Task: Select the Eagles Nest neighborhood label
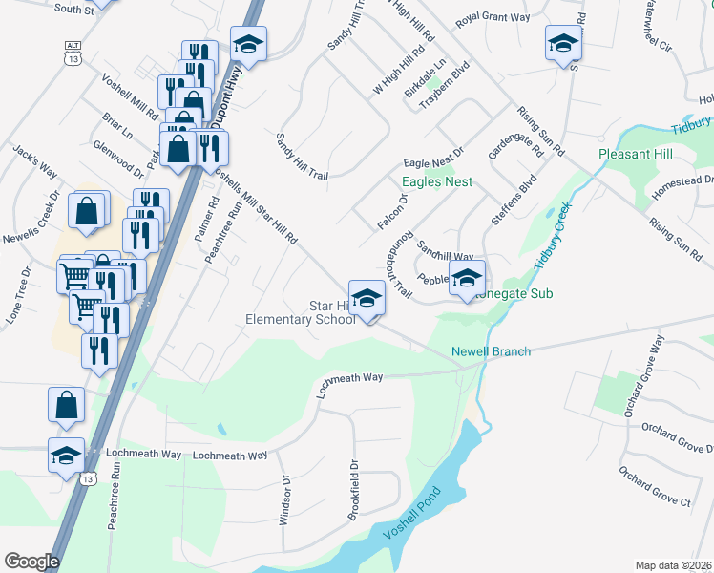pyautogui.click(x=437, y=181)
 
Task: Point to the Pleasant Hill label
pyautogui.click(x=636, y=154)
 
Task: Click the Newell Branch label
pyautogui.click(x=491, y=351)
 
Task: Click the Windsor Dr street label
pyautogui.click(x=284, y=501)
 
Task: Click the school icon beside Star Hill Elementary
pyautogui.click(x=366, y=298)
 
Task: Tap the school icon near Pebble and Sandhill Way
pyautogui.click(x=467, y=279)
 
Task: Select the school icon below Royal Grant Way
pyautogui.click(x=563, y=43)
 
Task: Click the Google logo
pyautogui.click(x=31, y=561)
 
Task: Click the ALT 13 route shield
pyautogui.click(x=72, y=53)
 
